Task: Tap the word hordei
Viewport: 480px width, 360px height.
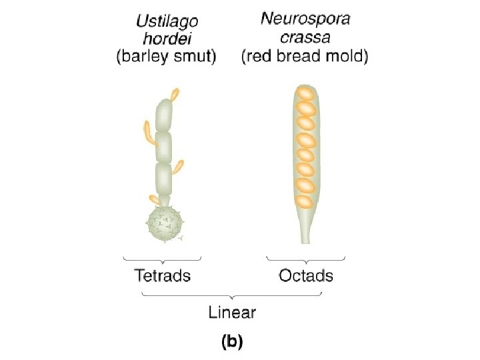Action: pos(166,40)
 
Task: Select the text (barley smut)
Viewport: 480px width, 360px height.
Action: pos(166,57)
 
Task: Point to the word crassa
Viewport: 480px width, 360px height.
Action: pos(305,38)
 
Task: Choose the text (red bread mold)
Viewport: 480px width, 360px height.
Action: pos(305,57)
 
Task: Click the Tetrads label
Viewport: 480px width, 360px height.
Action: pos(163,275)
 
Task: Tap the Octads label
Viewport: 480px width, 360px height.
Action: pos(306,275)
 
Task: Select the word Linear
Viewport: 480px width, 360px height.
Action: pos(232,311)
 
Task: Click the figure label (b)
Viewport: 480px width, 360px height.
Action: pos(232,342)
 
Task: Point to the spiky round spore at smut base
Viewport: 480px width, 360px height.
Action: pos(164,224)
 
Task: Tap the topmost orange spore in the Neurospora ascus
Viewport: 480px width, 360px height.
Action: pos(304,94)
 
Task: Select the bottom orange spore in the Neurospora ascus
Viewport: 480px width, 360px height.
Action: pos(304,200)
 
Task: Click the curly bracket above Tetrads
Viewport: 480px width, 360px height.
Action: pos(163,258)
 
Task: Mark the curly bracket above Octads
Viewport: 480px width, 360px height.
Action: pos(305,258)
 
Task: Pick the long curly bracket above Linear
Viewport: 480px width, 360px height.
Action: pos(231,295)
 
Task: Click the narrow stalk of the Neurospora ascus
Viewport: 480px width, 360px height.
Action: pos(304,227)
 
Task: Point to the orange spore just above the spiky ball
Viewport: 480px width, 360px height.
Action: pos(154,199)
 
